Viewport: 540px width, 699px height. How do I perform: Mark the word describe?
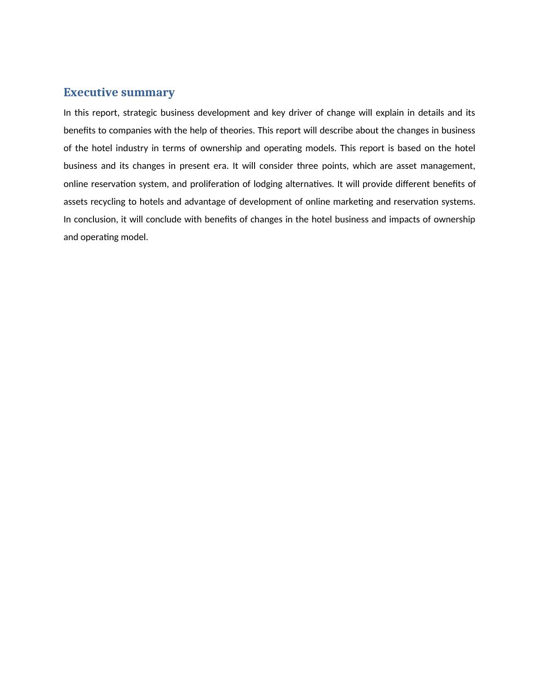(x=336, y=130)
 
